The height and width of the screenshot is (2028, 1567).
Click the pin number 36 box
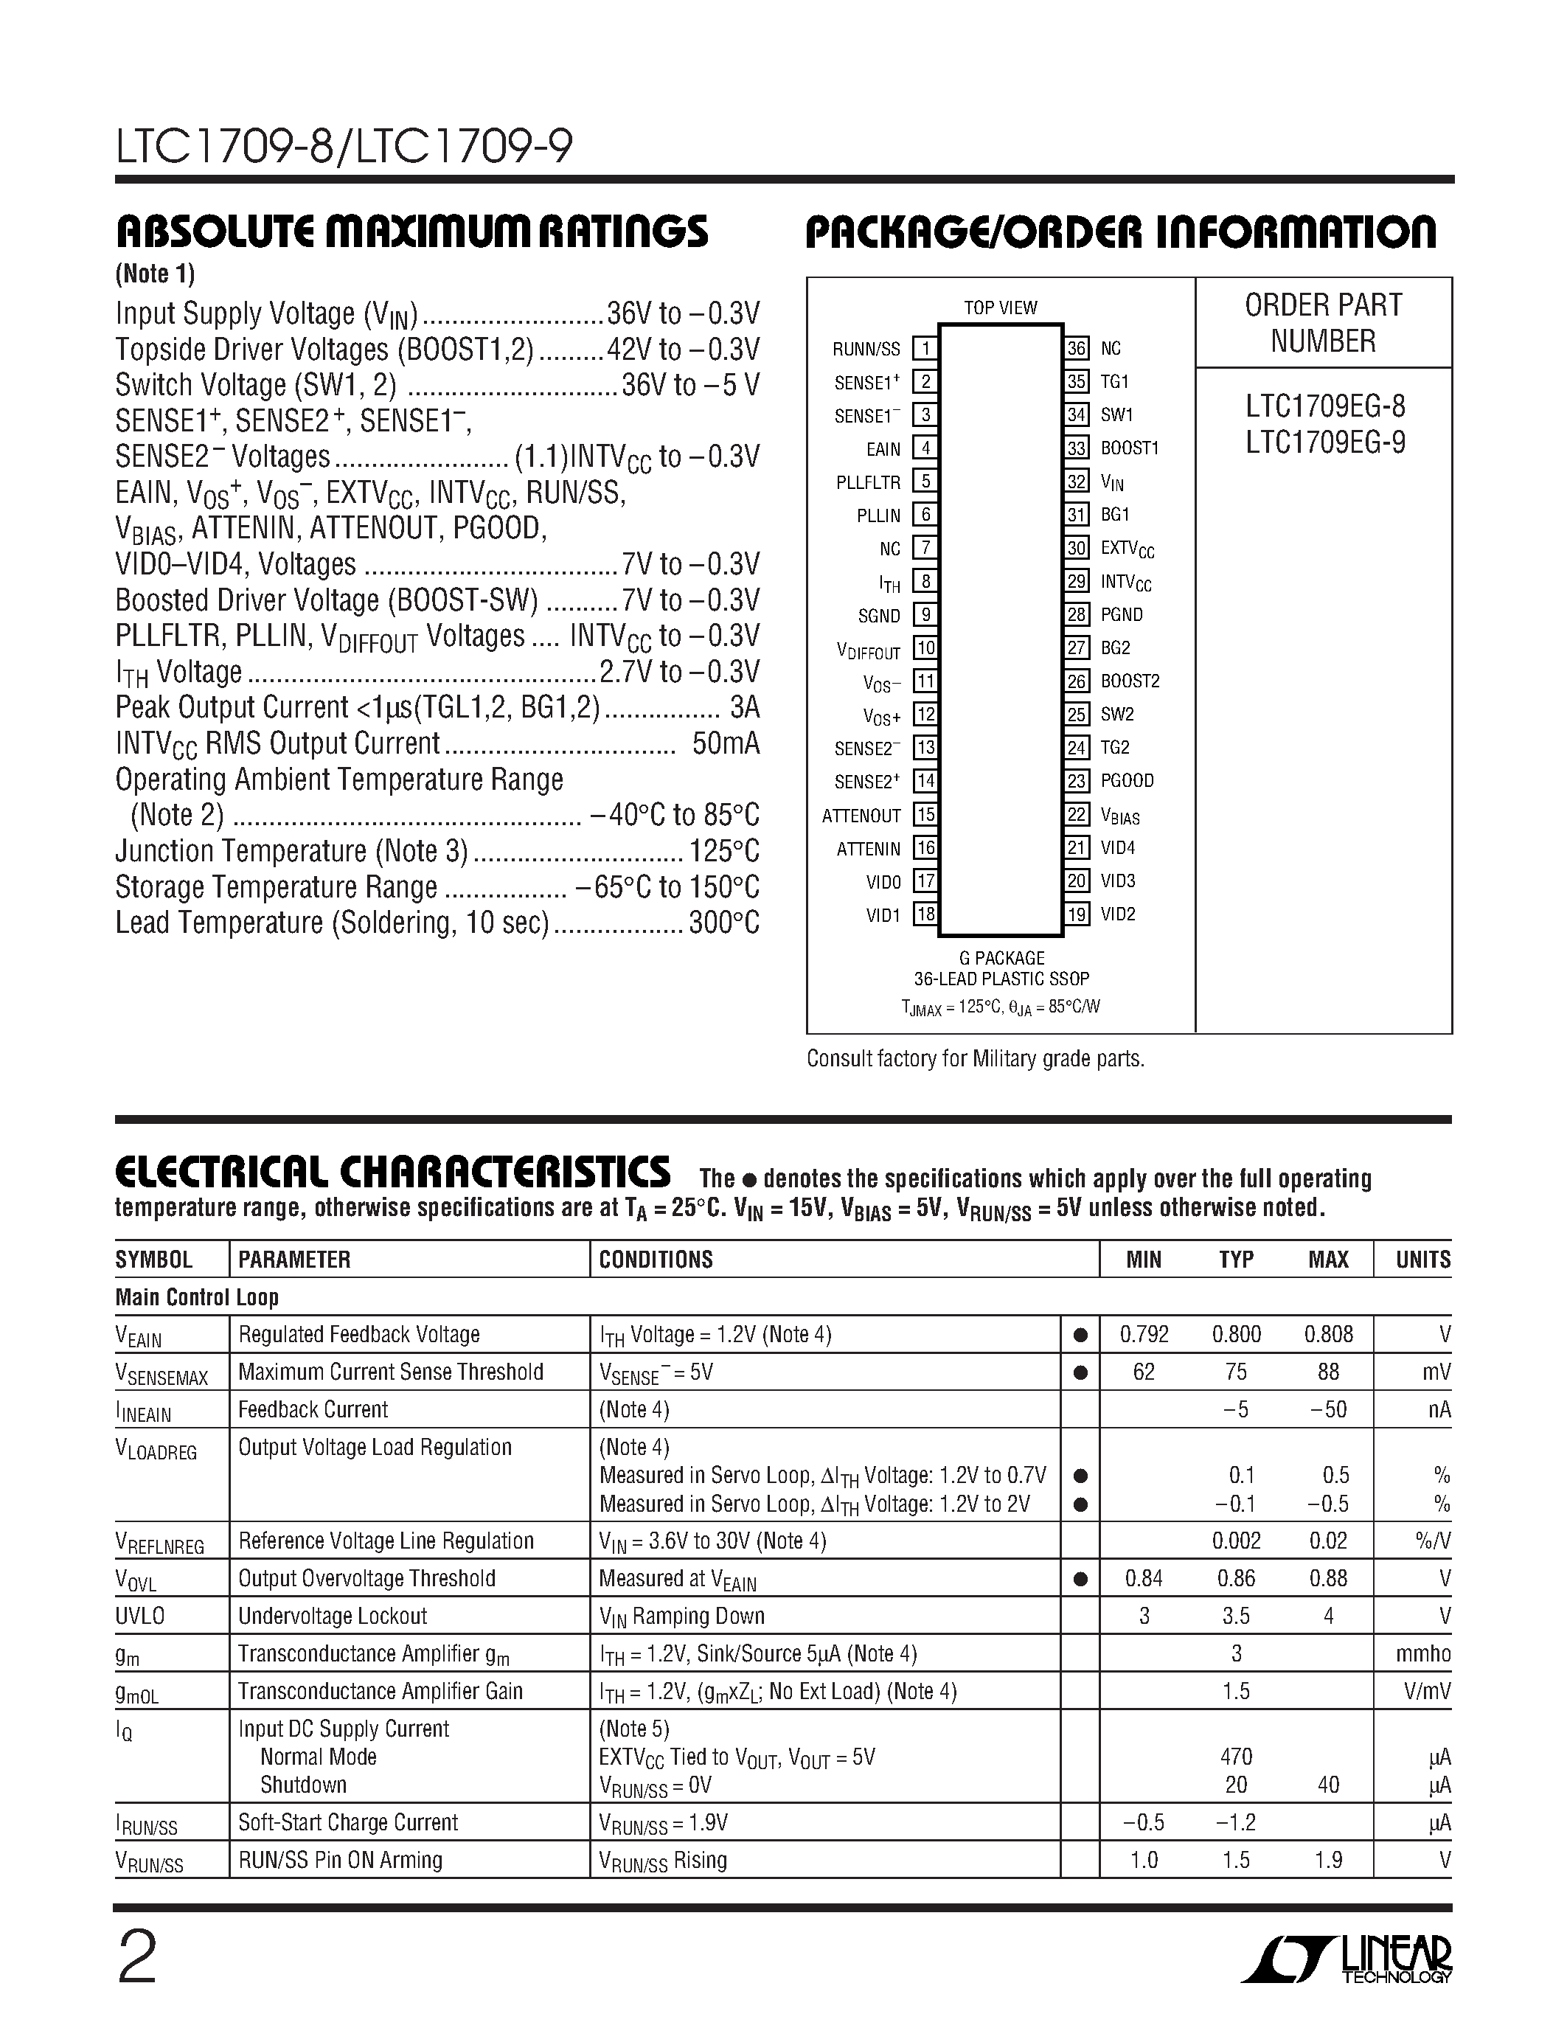pyautogui.click(x=1076, y=348)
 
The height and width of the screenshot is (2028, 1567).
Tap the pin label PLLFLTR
pyautogui.click(x=868, y=482)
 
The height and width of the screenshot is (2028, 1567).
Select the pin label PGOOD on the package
pyautogui.click(x=1127, y=781)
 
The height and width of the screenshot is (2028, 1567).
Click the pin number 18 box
pyautogui.click(x=925, y=914)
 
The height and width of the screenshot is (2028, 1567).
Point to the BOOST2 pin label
pyautogui.click(x=1130, y=681)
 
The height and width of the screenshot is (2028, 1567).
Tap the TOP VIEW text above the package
pyautogui.click(x=1000, y=308)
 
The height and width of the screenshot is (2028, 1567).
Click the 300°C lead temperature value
pyautogui.click(x=724, y=923)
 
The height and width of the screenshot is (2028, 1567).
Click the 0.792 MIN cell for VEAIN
pyautogui.click(x=1144, y=1334)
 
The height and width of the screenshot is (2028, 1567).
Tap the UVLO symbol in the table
pyautogui.click(x=139, y=1617)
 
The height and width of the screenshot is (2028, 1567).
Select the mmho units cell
pyautogui.click(x=1422, y=1654)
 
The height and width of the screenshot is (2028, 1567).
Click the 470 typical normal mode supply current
pyautogui.click(x=1236, y=1757)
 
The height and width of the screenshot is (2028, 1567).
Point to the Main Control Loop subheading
pyautogui.click(x=197, y=1297)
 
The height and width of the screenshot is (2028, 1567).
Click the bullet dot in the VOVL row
pyautogui.click(x=1080, y=1579)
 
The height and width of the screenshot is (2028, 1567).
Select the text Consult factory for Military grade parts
pyautogui.click(x=975, y=1058)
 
